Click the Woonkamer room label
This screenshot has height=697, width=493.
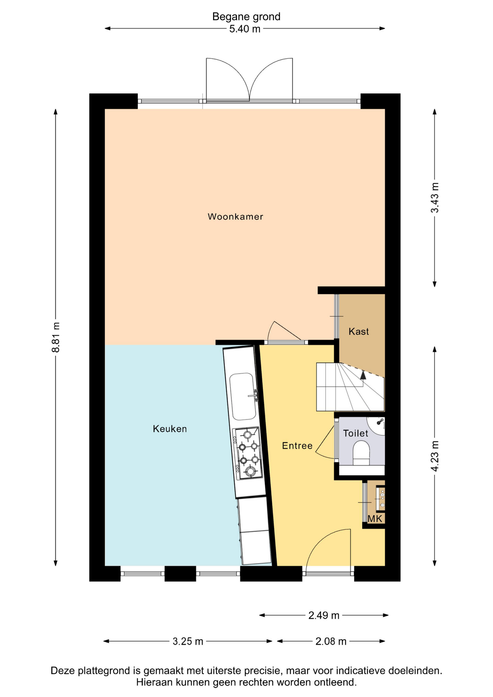pyautogui.click(x=235, y=217)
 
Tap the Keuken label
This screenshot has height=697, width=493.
pyautogui.click(x=170, y=429)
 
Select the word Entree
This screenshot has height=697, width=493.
pyautogui.click(x=297, y=446)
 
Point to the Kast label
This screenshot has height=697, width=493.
pyautogui.click(x=359, y=331)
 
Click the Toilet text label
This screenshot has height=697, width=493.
pyautogui.click(x=356, y=433)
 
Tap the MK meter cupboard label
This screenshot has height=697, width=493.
pyautogui.click(x=375, y=519)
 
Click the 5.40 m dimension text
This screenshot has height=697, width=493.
pyautogui.click(x=245, y=29)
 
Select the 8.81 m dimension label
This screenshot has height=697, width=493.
pyautogui.click(x=56, y=337)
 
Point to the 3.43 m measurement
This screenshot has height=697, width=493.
pyautogui.click(x=435, y=198)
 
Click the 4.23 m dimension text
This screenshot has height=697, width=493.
pyautogui.click(x=435, y=456)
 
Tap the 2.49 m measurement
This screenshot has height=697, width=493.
pyautogui.click(x=324, y=615)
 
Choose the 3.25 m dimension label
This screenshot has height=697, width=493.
pyautogui.click(x=188, y=641)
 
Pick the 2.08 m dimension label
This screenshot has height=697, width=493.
pyautogui.click(x=331, y=641)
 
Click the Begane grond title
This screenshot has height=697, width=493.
pyautogui.click(x=246, y=17)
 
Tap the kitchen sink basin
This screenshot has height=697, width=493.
pyautogui.click(x=243, y=396)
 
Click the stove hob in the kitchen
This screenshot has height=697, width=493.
pyautogui.click(x=248, y=453)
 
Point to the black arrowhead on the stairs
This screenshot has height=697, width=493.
pyautogui.click(x=363, y=375)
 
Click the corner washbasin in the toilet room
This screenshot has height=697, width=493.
pyautogui.click(x=376, y=425)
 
